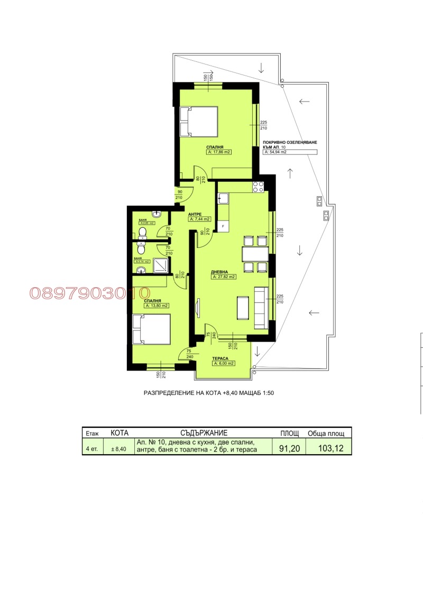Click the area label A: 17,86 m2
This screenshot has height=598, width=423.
point(220,152)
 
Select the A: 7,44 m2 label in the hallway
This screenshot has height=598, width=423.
point(200,219)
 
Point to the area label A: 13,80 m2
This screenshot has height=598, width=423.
point(157,306)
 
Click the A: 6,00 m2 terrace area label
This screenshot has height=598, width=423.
point(224,363)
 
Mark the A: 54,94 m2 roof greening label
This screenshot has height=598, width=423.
point(290,152)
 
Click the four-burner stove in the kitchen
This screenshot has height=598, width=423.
point(259,187)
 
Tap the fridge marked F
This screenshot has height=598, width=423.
point(223,226)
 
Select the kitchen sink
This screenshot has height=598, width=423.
point(223,199)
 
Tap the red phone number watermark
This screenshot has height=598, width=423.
point(90,292)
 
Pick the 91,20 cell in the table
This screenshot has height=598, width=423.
point(290,448)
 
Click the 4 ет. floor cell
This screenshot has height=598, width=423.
point(91,449)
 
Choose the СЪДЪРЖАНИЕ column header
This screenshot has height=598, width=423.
point(204,433)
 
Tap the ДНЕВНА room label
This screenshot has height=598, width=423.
point(220,271)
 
